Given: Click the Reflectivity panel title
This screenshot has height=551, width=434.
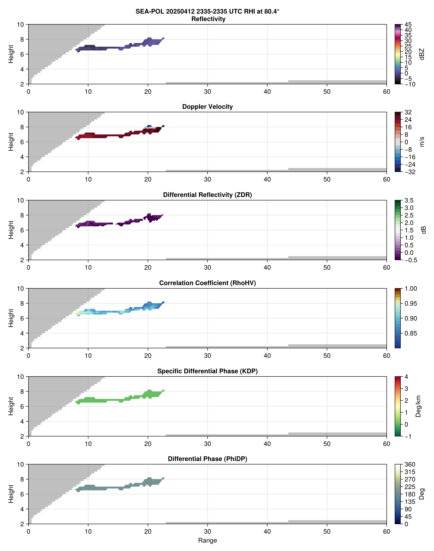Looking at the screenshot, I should (x=208, y=19).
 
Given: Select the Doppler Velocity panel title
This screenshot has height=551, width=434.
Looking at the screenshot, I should (x=207, y=107).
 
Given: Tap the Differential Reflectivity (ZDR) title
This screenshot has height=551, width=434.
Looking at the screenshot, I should (x=207, y=195).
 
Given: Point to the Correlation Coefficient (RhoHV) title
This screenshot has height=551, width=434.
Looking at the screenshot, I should (x=207, y=283).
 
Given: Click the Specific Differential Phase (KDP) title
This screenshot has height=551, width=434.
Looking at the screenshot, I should (x=207, y=371).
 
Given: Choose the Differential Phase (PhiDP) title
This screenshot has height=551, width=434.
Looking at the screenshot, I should (x=207, y=459).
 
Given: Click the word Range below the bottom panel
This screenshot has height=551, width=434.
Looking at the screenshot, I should (x=207, y=541).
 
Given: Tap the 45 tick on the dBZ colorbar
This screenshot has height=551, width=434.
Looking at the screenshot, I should (x=408, y=25).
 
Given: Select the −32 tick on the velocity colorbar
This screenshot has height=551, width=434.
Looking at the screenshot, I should (x=410, y=172).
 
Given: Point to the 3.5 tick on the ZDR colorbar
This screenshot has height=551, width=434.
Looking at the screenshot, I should (x=409, y=200).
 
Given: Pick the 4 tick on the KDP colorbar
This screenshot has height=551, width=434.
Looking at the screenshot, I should (x=406, y=377).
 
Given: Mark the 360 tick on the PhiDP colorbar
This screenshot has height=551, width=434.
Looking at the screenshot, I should (x=410, y=465).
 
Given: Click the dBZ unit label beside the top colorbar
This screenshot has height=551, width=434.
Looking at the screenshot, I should (x=422, y=54).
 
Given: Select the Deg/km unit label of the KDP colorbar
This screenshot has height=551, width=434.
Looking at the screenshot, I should (x=418, y=406).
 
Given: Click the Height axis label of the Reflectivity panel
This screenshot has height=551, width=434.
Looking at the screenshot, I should (x=11, y=54).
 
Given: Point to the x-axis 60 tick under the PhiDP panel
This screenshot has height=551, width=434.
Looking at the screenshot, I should (x=386, y=532).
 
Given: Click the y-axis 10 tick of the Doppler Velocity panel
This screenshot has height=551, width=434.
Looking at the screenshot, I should (x=20, y=112).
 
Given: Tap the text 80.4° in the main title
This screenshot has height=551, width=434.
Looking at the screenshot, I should (x=271, y=11).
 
